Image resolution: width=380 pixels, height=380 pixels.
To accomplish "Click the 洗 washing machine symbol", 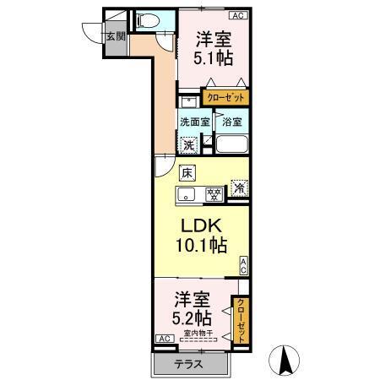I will click(x=191, y=144).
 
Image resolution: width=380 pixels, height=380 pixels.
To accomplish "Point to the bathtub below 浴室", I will click(x=232, y=144).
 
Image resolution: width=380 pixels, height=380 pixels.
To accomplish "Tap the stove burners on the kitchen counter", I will click(x=215, y=195).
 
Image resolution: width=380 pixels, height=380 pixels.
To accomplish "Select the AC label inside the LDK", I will click(x=243, y=265).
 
